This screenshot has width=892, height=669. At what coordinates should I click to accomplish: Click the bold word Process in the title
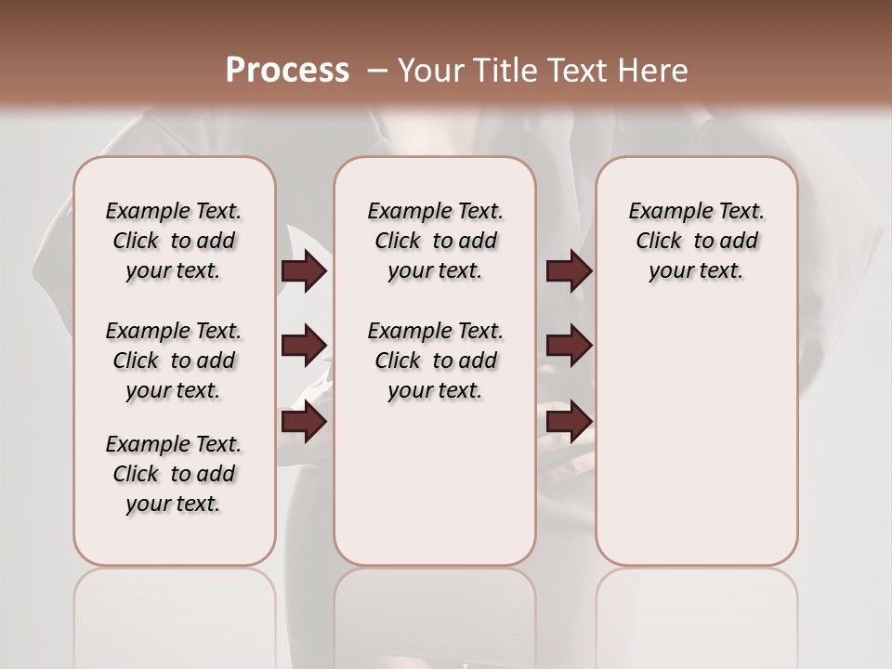coord(287,71)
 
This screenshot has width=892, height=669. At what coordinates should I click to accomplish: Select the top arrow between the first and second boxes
coord(304,271)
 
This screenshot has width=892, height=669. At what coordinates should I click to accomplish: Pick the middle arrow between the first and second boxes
coord(304,347)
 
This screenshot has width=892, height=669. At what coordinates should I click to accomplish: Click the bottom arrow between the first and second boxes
coord(304,423)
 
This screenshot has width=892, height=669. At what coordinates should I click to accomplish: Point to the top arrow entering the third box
coord(569,271)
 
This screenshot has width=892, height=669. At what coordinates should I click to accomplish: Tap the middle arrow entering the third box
coord(569,347)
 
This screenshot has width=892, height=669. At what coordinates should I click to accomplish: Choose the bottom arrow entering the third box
coord(569,423)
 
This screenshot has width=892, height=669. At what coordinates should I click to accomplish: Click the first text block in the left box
coord(174,241)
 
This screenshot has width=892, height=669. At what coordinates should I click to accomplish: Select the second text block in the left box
coord(174,361)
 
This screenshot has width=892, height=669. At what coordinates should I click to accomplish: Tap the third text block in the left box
coord(174,474)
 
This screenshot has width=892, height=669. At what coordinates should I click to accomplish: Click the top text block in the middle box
coord(435,241)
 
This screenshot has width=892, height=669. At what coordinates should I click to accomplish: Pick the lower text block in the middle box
coord(435,361)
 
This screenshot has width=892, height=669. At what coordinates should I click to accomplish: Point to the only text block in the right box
coord(696,241)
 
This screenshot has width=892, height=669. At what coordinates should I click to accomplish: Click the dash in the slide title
coord(376,71)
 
